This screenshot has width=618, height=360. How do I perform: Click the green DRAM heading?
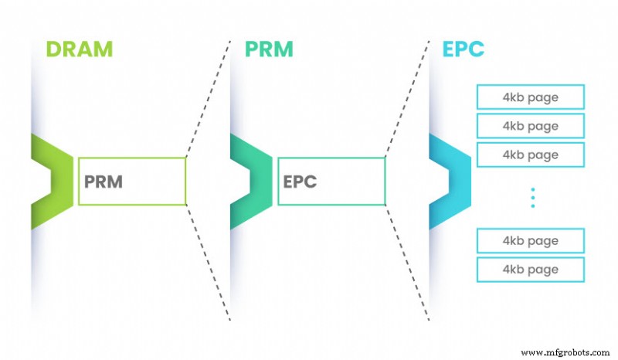79,49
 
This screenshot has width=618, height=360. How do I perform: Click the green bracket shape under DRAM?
53,181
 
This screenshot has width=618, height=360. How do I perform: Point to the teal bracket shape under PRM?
252,181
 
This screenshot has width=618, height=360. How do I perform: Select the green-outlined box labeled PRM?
131,182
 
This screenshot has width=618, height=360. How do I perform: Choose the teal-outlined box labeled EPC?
331,182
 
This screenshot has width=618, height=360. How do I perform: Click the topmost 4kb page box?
530,97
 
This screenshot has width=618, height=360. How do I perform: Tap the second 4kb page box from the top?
530,126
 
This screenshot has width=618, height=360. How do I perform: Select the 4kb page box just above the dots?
530,155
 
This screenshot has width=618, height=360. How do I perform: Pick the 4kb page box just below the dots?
530,240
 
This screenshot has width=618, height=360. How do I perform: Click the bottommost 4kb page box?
530,269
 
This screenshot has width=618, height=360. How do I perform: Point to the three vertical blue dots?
532,198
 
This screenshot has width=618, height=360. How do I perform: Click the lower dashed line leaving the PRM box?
209,263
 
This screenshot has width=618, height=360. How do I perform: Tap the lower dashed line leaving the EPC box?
407,263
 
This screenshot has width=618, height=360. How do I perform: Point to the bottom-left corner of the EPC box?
278,205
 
